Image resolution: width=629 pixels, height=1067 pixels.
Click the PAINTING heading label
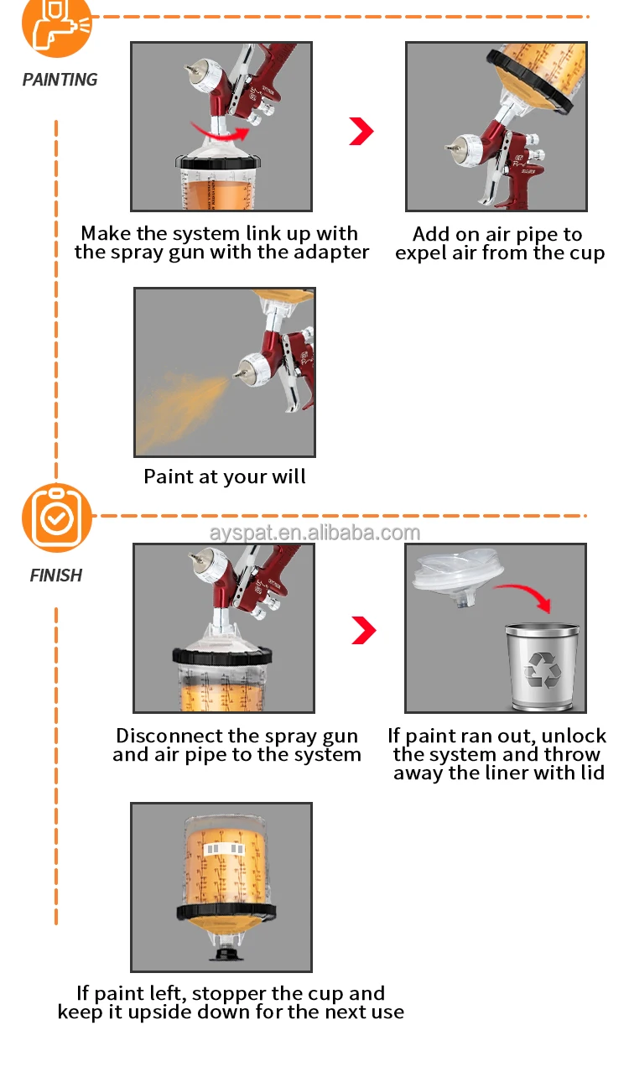60,80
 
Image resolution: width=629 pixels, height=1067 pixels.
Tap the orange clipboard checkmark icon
56,518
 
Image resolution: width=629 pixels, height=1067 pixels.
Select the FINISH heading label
56,575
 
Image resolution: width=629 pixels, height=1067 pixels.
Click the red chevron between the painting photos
361,131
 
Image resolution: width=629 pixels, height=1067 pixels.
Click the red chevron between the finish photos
363,631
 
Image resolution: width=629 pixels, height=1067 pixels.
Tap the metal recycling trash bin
541,664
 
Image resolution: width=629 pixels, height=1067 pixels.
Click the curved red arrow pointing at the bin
523,595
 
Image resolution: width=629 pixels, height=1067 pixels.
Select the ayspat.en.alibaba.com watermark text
314,533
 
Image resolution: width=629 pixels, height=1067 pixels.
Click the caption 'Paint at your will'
225,477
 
